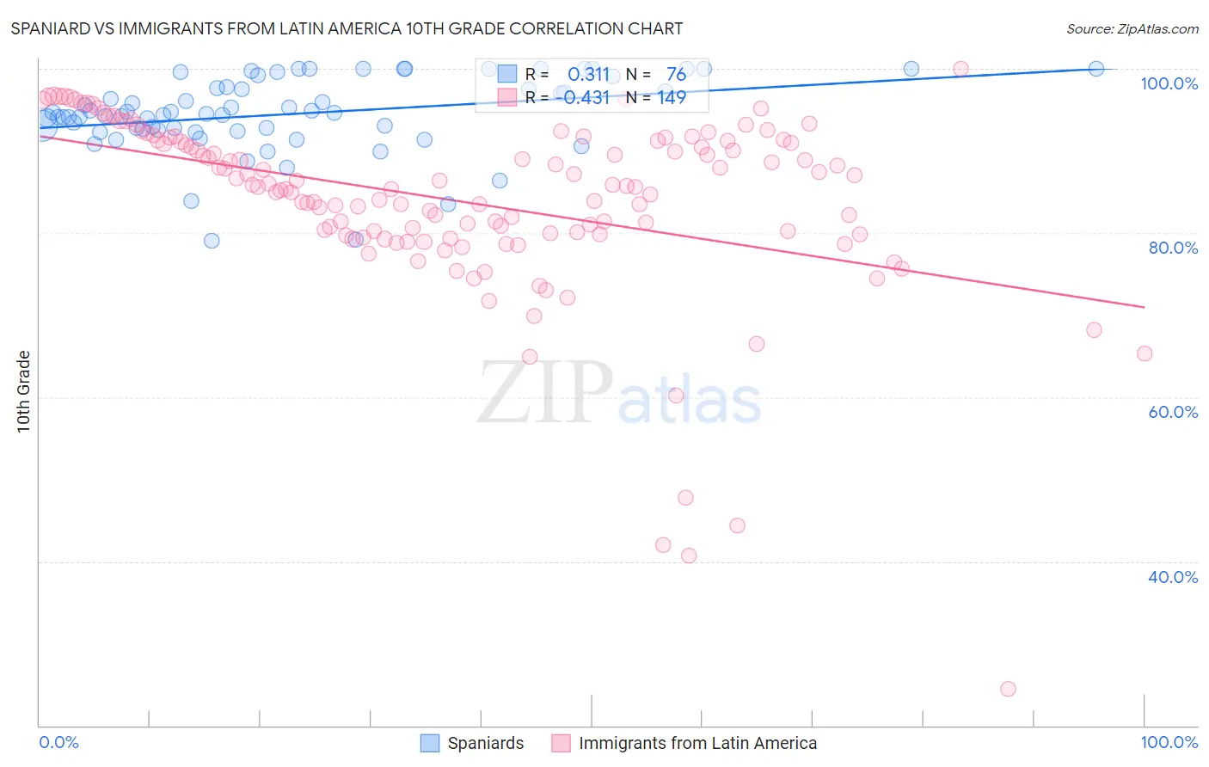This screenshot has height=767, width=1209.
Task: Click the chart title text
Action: coord(347,28)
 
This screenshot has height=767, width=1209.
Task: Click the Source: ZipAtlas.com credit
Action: coord(1132,28)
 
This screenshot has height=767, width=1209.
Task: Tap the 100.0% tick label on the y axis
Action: coord(1169,83)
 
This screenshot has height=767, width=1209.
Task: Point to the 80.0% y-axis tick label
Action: coord(1173,248)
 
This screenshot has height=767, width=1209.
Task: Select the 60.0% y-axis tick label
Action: coord(1173,412)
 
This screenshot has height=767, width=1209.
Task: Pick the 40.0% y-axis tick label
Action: coord(1173,577)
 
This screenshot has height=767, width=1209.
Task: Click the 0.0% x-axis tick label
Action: coord(58,742)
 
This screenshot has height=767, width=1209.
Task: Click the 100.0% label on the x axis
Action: coord(1169,742)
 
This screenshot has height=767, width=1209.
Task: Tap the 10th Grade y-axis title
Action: coord(23,391)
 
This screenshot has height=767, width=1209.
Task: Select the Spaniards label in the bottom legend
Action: coord(485,743)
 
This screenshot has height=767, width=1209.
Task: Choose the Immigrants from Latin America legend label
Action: coord(697,743)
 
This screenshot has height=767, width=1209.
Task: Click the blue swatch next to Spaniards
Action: coord(430,743)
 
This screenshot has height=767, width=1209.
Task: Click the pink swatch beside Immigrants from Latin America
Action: coord(561,743)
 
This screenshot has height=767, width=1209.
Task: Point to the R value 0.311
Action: coord(588,75)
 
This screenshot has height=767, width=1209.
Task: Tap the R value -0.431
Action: coord(582,98)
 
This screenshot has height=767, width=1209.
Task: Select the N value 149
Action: coord(672,98)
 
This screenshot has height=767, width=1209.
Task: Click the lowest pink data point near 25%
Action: coord(1008,689)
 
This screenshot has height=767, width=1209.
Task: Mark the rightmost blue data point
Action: coord(1096,69)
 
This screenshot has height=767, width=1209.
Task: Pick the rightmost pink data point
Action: coord(1145,353)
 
